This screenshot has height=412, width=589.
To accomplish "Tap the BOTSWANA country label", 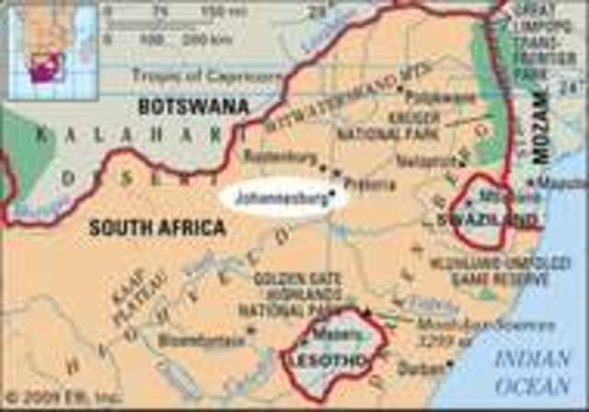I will pyautogui.click(x=193, y=107).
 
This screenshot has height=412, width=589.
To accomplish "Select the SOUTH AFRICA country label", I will pyautogui.click(x=156, y=226).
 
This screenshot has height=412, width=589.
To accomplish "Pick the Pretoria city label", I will pyautogui.click(x=369, y=183).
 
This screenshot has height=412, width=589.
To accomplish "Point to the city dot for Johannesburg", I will pyautogui.click(x=330, y=190).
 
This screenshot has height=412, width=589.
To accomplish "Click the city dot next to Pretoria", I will pyautogui.click(x=338, y=171).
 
